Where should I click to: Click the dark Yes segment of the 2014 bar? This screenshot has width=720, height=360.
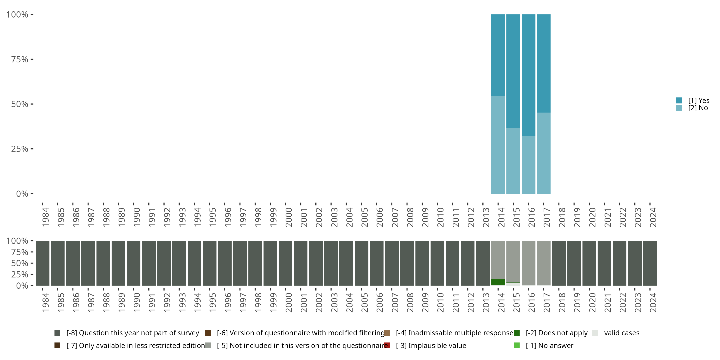(x=498, y=55)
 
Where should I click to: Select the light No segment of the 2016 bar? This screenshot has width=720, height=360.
(x=528, y=165)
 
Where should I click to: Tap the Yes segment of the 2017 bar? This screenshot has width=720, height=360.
(x=544, y=63)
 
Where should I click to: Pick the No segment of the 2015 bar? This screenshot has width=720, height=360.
(x=513, y=161)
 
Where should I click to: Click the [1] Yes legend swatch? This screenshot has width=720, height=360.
(x=679, y=100)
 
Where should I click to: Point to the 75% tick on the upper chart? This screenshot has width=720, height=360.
(x=32, y=59)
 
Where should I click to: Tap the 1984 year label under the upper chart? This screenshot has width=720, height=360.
(x=46, y=217)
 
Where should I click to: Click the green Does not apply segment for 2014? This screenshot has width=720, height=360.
(x=498, y=282)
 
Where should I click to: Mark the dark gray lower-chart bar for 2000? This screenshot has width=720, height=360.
(x=285, y=263)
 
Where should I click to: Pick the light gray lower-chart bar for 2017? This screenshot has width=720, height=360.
(x=544, y=263)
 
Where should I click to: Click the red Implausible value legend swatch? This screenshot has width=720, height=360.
(x=387, y=345)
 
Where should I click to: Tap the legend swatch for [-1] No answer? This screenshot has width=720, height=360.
(x=516, y=345)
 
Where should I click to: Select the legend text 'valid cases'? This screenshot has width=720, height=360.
(x=622, y=333)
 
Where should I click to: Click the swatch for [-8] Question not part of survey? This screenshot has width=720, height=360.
(x=57, y=333)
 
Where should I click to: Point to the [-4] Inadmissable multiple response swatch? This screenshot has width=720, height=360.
(x=387, y=333)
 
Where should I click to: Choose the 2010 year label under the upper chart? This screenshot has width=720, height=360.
(x=440, y=217)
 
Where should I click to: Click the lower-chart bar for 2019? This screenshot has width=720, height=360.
(x=574, y=263)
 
